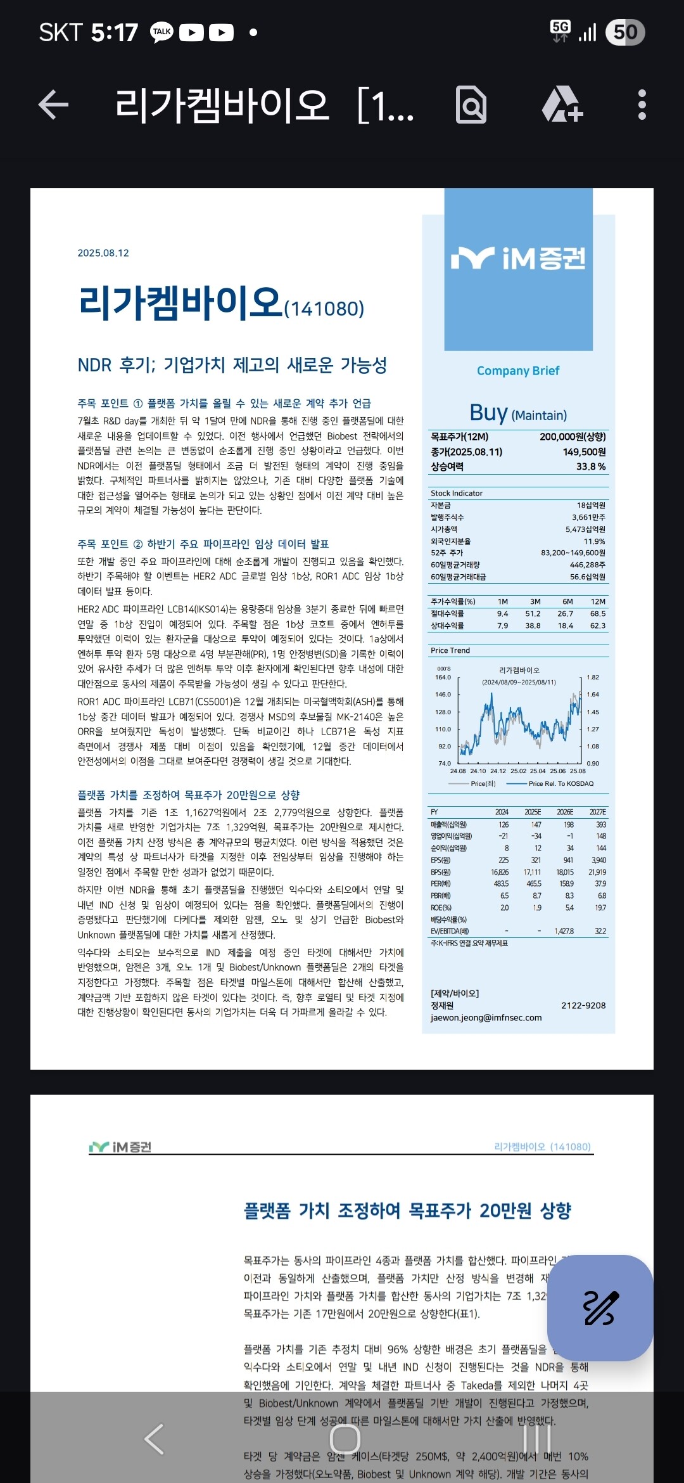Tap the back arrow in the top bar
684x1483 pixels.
coord(54,105)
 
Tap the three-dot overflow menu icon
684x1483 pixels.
coord(642,105)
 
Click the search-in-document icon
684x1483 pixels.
coord(471,105)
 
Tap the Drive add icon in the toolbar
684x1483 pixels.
coord(562,105)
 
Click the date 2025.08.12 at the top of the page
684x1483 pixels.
coord(103,253)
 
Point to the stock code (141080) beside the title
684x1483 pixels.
coord(324,309)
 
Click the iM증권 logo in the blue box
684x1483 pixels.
coord(518,259)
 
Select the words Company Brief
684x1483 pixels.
coord(518,371)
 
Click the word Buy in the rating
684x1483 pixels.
coord(488,413)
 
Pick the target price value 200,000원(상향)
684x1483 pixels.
coord(573,437)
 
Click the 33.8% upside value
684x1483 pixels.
coord(590,466)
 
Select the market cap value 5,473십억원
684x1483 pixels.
coord(585,529)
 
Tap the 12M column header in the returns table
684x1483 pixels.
coord(598,601)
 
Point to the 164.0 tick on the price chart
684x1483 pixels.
coord(443,677)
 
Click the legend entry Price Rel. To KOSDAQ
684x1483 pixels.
coord(560,784)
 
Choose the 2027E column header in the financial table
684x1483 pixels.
coord(597,812)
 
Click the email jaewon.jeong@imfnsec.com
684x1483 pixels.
coord(486,1017)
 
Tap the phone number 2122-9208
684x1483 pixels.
coord(583,1005)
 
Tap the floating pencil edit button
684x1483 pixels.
coord(600,1307)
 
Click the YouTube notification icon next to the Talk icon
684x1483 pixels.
coord(191,32)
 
